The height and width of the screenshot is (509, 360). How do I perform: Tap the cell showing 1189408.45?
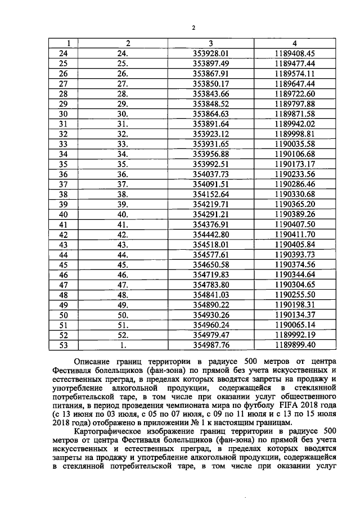pos(294,53)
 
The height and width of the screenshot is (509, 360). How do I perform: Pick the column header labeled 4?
pos(294,43)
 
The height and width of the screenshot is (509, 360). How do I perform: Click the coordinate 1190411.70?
pos(294,235)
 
